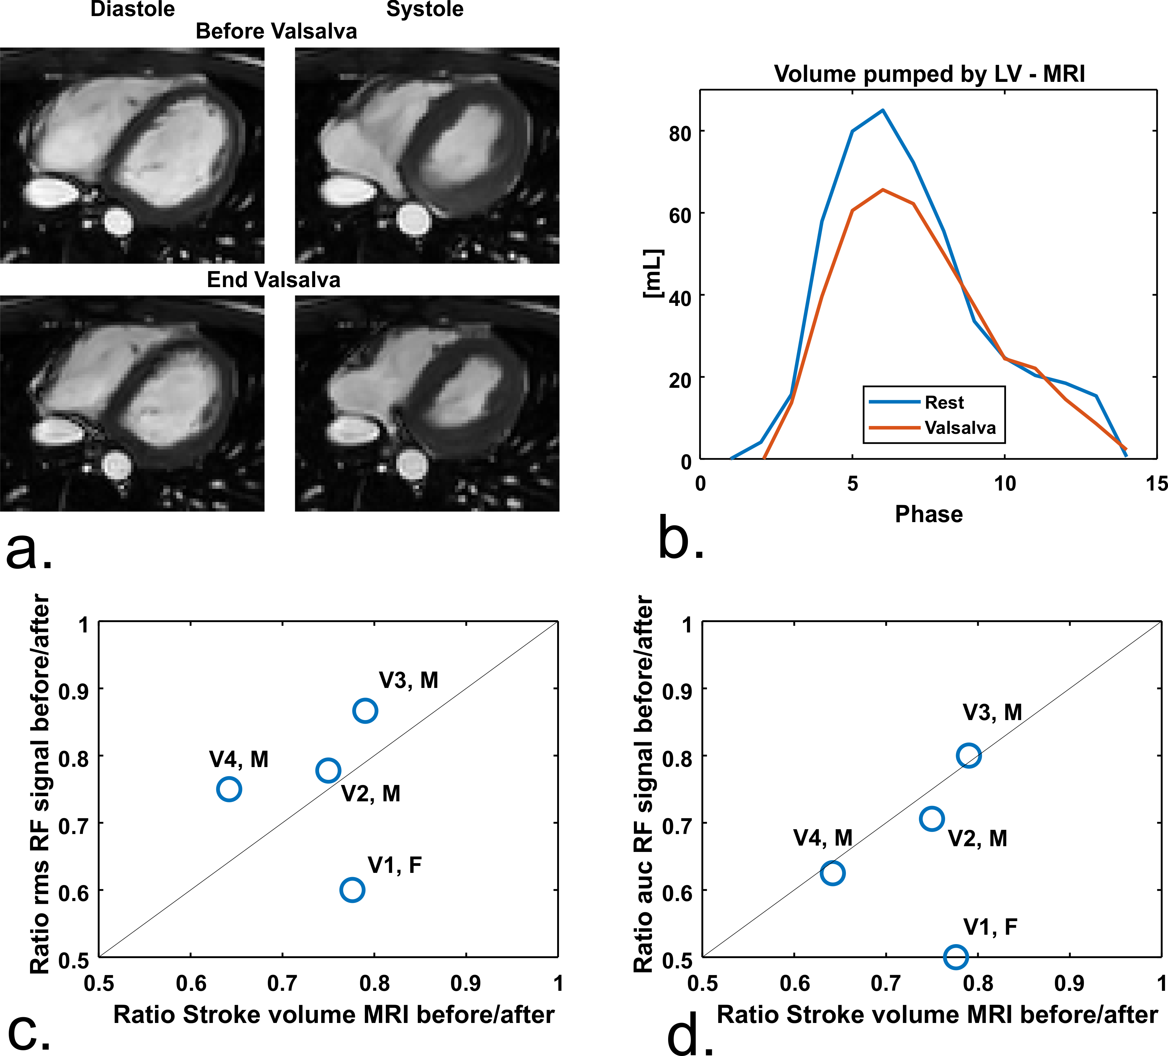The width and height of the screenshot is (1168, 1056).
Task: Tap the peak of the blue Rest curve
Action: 882,110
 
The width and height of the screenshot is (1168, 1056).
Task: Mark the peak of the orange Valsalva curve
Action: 882,189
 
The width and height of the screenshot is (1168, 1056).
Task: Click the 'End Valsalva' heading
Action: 274,280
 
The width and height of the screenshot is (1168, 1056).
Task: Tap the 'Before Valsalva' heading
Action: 276,31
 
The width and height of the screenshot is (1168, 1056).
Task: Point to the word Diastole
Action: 133,9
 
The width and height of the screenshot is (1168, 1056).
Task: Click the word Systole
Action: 425,9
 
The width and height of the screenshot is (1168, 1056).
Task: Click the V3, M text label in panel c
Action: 409,680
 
